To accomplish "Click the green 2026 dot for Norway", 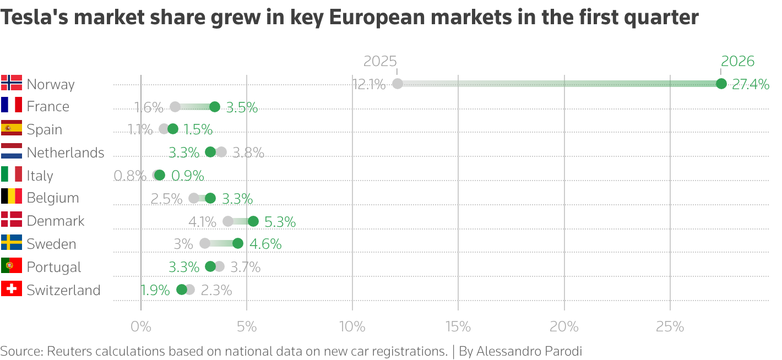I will (721, 84).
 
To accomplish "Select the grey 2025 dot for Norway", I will (397, 84).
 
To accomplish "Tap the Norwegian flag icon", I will (12, 83).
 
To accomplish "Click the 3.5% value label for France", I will (242, 107).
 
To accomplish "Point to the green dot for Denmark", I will (253, 221).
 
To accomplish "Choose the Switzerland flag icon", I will (12, 289).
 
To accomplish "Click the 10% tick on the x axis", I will (352, 326).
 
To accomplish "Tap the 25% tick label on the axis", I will (670, 326).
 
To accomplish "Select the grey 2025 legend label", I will (381, 61).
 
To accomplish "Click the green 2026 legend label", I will (737, 61).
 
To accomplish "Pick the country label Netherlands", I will (66, 152).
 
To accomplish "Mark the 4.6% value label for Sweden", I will (265, 244).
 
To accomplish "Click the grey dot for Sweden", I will (205, 243).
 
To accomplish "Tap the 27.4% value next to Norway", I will (751, 84).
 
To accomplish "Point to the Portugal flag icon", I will (12, 266).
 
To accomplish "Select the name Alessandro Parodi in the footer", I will (529, 351).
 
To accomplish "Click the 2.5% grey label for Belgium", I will (166, 199).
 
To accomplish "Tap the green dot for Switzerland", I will (182, 290).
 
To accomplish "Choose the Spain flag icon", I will (12, 128).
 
